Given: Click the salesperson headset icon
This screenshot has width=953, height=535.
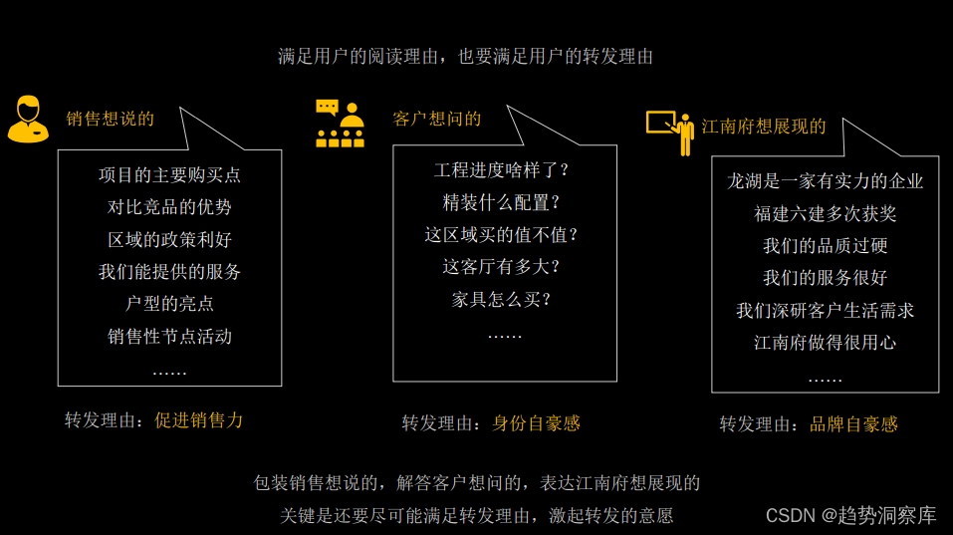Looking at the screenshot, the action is (x=28, y=120).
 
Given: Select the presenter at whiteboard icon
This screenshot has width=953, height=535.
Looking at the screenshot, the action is (x=670, y=130).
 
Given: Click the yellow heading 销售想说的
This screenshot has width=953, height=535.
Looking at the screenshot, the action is (x=111, y=119).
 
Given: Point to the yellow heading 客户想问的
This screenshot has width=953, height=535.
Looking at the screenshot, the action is (x=436, y=119).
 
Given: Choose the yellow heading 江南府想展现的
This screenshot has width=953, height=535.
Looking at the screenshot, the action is (x=764, y=127).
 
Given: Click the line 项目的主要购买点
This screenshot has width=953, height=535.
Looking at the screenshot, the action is (x=169, y=175).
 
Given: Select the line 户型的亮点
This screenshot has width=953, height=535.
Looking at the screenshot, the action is (x=169, y=304).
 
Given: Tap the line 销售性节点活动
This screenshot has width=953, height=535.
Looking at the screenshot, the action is (x=169, y=336).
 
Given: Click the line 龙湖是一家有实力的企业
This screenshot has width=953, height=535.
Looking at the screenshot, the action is (x=825, y=181).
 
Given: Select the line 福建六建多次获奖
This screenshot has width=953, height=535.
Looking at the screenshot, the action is (x=825, y=213).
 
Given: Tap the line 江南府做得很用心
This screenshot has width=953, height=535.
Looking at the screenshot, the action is (x=825, y=343).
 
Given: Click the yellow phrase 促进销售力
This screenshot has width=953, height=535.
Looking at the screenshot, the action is (x=198, y=419).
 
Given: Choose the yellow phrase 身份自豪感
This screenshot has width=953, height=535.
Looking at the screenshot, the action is (x=536, y=422).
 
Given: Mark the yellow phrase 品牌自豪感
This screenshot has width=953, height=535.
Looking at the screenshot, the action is (x=853, y=424).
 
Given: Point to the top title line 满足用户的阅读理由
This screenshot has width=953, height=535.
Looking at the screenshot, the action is (x=466, y=57).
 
